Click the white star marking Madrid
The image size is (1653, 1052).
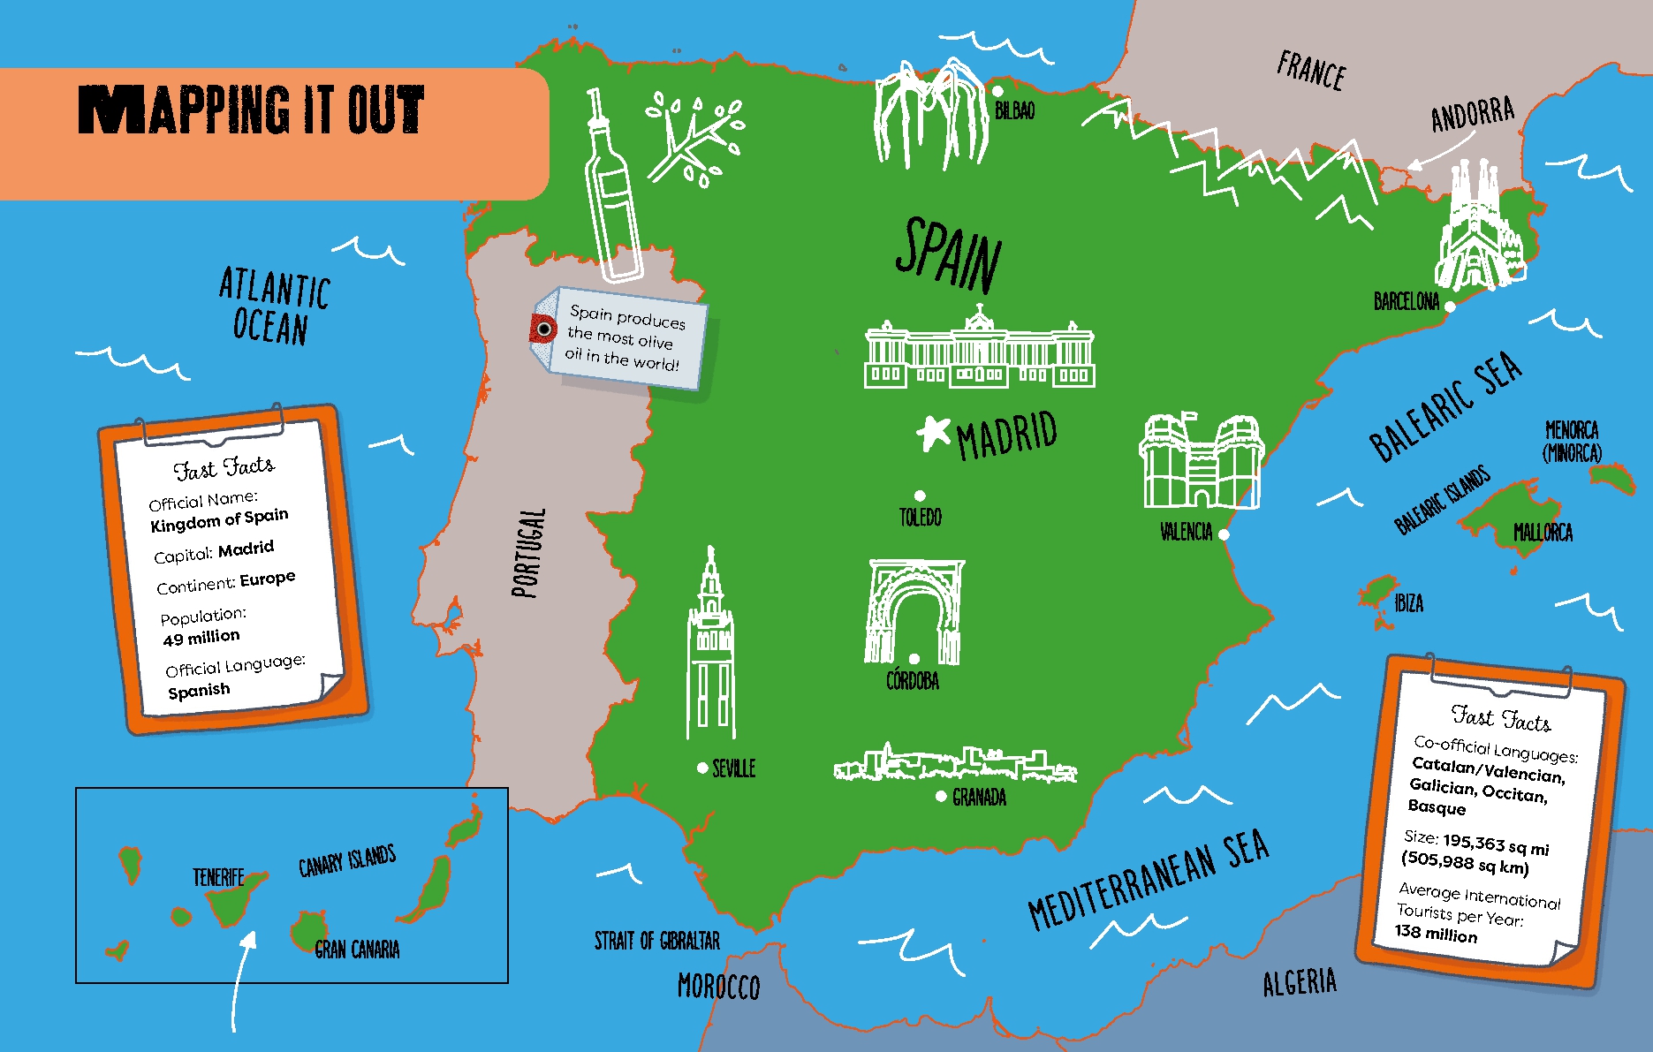point(932,432)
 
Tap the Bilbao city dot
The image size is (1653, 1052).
point(997,91)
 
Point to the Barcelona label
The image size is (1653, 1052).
point(1406,302)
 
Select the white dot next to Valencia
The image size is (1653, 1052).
point(1224,534)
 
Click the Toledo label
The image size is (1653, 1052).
point(920,518)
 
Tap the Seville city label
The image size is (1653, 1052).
point(733,768)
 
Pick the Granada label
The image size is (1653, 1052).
point(979,798)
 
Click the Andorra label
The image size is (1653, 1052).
point(1472,115)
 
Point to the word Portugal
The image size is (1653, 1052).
point(528,553)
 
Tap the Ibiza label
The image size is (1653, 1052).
point(1408,603)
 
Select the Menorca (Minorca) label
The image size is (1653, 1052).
point(1572,442)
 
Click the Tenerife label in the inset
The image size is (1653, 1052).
point(218,877)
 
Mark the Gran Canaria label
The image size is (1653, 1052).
point(357,950)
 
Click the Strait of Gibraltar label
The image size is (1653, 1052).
point(656,941)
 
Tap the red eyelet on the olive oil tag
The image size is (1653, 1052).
point(544,329)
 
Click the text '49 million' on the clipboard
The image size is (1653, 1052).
point(201,638)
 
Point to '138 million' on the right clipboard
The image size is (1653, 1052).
point(1436,933)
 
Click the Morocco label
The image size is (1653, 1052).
point(718,987)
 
